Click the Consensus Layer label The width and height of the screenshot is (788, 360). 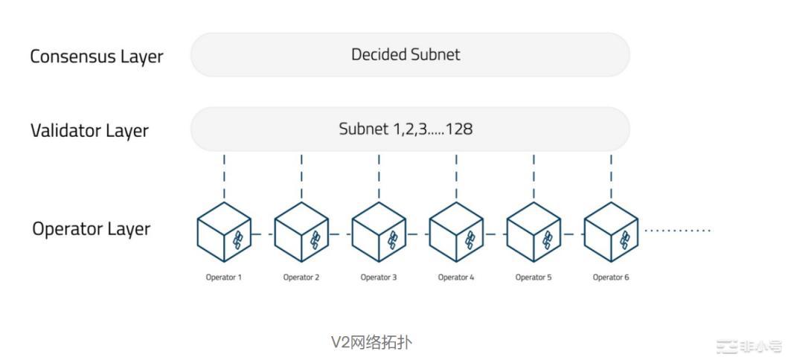97,57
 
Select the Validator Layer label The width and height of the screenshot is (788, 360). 90,131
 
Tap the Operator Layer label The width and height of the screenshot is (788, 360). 92,228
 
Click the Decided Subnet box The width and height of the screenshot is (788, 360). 410,54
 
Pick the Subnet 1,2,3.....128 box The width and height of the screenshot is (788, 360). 410,129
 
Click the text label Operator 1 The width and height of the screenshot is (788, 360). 224,277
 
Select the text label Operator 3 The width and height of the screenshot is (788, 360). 379,277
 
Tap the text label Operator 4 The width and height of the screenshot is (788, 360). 456,277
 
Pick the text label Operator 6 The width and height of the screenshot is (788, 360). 611,277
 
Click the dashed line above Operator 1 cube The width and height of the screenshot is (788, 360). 224,176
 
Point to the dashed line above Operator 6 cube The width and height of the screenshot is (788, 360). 611,176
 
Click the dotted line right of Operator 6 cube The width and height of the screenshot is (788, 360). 678,231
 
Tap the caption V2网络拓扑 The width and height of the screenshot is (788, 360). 371,342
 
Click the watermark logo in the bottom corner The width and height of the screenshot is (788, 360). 748,346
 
